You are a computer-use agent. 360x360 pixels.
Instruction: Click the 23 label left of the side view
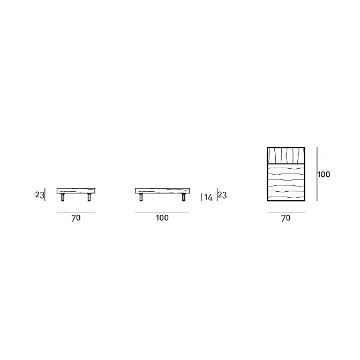click(39, 195)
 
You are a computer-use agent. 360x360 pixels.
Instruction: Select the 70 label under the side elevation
click(76, 218)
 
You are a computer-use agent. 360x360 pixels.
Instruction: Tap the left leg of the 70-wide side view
click(63, 197)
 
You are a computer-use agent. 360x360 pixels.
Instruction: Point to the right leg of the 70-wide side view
click(89, 197)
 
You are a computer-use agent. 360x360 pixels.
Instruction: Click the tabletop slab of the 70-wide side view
click(76, 191)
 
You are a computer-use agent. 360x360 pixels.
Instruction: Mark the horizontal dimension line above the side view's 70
click(76, 213)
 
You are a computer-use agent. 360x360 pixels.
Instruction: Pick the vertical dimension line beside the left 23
click(45, 194)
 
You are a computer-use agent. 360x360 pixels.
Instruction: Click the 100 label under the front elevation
click(162, 217)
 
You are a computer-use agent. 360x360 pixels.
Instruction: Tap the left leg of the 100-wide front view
click(141, 197)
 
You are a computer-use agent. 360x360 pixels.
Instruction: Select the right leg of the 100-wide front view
click(184, 197)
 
